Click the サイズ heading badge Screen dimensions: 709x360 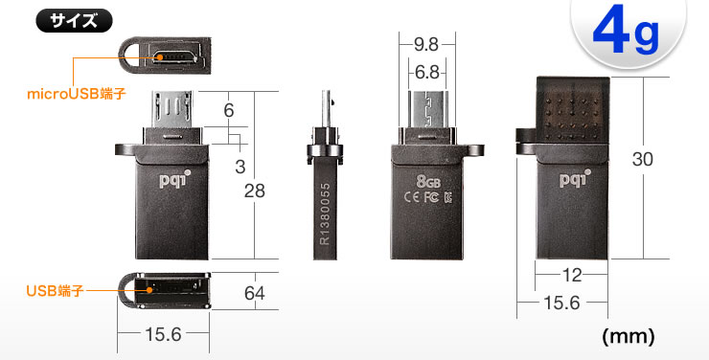coord(74,21)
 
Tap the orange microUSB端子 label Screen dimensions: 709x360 coord(77,94)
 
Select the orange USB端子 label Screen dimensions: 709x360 coord(55,291)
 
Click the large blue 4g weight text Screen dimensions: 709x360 coord(627,32)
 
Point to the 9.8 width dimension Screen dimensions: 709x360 coord(426,44)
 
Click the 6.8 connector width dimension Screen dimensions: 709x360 coord(427,72)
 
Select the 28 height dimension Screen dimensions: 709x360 coord(255,191)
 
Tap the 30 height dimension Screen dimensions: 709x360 coord(643,159)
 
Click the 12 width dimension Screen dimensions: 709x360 coord(572,275)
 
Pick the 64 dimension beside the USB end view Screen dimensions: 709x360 coord(255,293)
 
